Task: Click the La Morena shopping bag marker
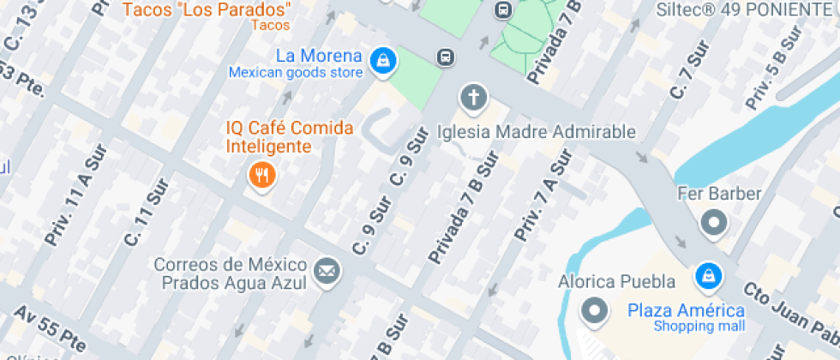(382, 60)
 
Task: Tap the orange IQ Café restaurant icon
(261, 177)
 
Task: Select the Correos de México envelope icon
(326, 273)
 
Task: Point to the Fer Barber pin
(713, 223)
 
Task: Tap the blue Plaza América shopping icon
(708, 275)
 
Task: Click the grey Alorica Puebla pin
(593, 310)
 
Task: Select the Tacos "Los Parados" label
(207, 10)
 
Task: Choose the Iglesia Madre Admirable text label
(536, 132)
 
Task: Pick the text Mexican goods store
(295, 73)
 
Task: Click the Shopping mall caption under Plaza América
(699, 326)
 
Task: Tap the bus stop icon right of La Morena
(445, 57)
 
